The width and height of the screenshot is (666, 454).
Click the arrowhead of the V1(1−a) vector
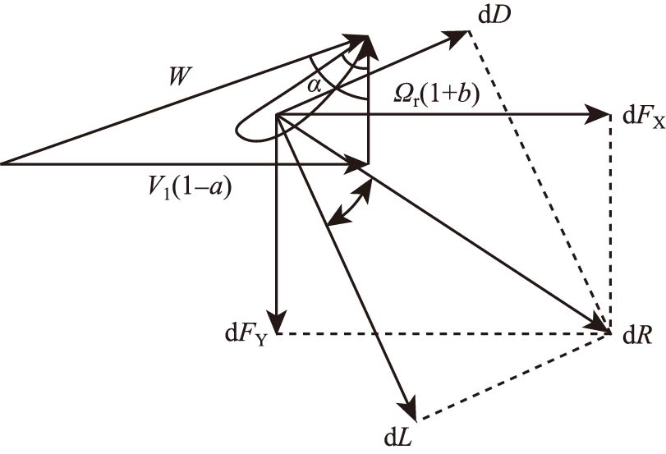(x=359, y=163)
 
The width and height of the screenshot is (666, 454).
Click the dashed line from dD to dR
(x=539, y=181)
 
